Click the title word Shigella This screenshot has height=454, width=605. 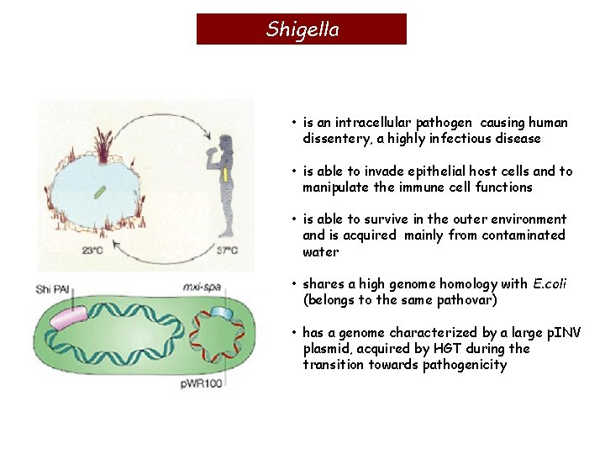302,29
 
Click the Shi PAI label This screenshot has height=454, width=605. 55,288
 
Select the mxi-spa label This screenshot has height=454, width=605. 202,288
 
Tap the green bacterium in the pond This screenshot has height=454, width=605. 99,193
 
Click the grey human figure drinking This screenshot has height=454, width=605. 224,181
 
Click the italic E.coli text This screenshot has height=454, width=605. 550,284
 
